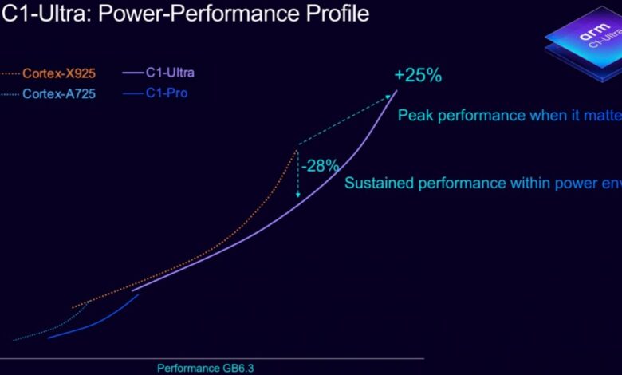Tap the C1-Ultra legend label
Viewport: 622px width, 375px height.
pyautogui.click(x=169, y=73)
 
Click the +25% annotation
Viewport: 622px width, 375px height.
pyautogui.click(x=418, y=77)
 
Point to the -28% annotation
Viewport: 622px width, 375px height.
pyautogui.click(x=321, y=166)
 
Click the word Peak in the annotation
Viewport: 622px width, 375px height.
pyautogui.click(x=415, y=115)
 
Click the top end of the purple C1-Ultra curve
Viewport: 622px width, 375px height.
pyautogui.click(x=396, y=91)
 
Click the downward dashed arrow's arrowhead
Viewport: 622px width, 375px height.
pyautogui.click(x=298, y=195)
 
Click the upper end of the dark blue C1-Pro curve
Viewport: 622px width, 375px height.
pyautogui.click(x=138, y=295)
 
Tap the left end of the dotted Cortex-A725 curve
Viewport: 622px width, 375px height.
pyautogui.click(x=14, y=340)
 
